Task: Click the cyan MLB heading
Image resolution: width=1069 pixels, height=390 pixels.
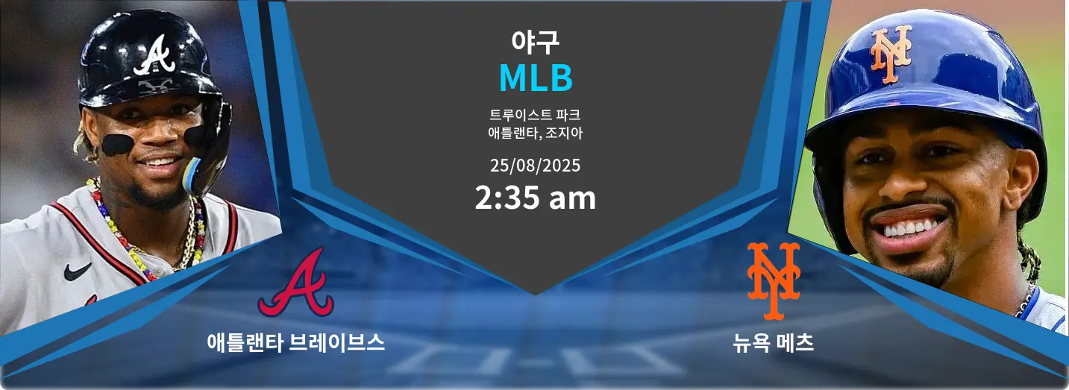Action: coord(536,78)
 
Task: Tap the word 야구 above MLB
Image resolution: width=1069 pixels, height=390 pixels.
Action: coord(535,42)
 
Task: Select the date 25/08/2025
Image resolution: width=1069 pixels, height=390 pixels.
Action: coord(535,166)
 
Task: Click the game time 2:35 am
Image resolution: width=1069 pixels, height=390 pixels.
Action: coord(535,198)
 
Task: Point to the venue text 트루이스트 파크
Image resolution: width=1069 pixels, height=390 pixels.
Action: coord(535,115)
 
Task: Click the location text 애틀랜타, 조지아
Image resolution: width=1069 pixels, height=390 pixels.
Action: coord(535,133)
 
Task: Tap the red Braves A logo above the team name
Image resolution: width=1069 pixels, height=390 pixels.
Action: coord(296,282)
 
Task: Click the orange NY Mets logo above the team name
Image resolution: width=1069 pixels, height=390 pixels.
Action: coord(773,281)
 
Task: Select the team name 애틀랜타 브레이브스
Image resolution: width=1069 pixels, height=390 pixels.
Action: coord(296,342)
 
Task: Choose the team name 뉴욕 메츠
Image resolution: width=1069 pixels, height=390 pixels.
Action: coord(773,342)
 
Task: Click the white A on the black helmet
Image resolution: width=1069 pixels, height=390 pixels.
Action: coord(154,56)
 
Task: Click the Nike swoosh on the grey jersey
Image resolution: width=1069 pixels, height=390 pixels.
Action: coord(77,271)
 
